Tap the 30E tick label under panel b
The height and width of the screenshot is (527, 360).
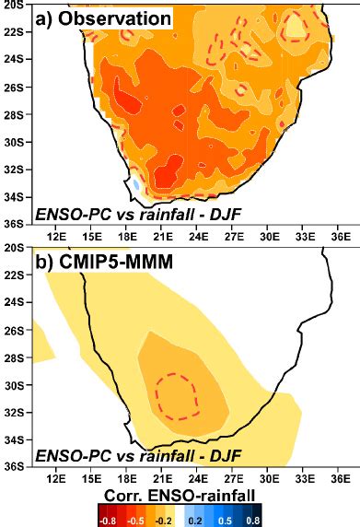[270, 477]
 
